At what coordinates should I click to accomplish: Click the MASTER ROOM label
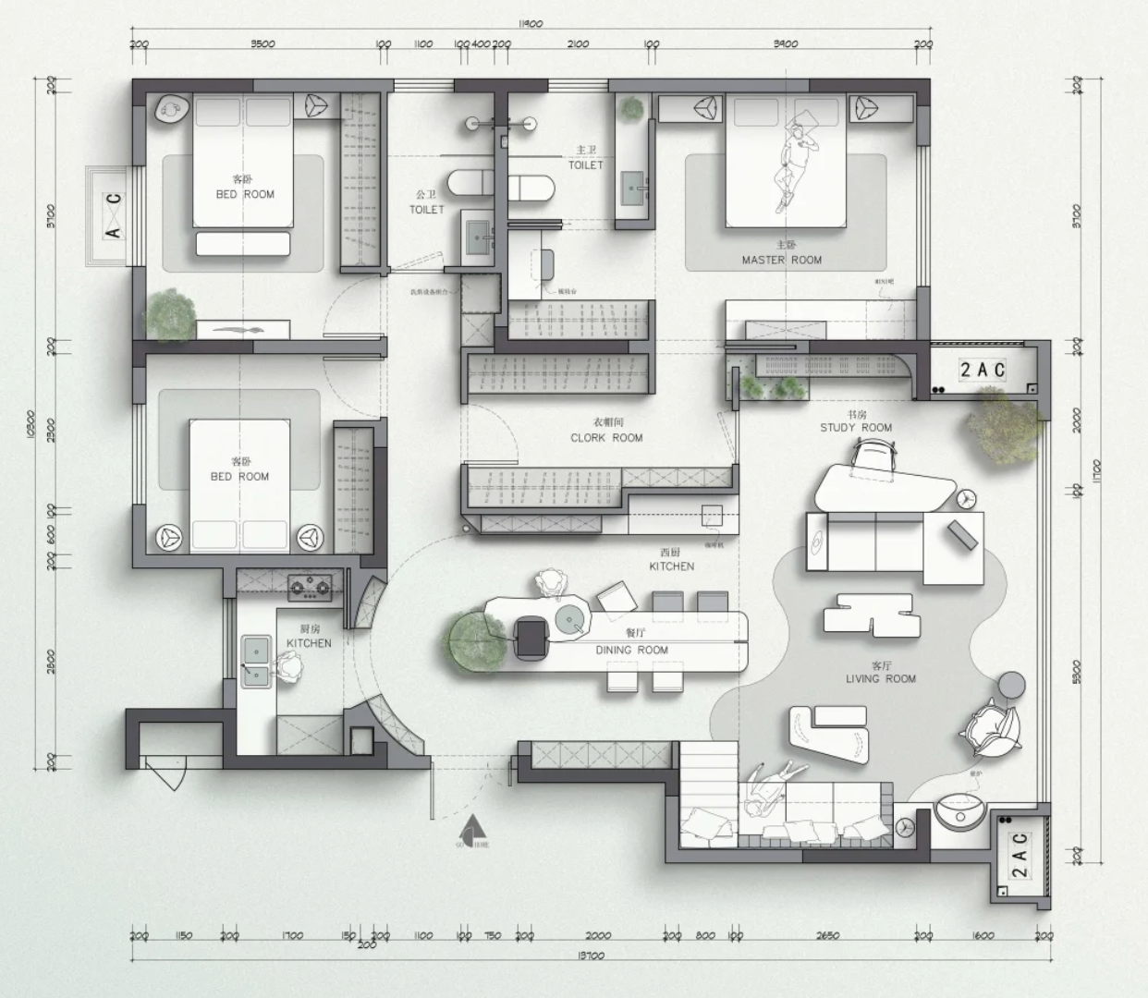click(781, 260)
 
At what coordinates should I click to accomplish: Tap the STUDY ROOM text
click(856, 427)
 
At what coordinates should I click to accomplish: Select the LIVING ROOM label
click(881, 678)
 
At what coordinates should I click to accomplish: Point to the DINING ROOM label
click(632, 650)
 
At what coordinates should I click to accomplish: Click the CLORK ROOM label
click(606, 438)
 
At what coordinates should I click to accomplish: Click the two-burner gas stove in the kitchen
click(310, 585)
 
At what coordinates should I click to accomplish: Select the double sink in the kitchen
click(256, 662)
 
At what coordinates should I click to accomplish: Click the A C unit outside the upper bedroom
click(113, 215)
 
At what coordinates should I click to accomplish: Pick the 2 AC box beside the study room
click(982, 370)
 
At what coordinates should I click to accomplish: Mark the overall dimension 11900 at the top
click(530, 25)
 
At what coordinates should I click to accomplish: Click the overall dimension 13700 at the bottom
click(589, 955)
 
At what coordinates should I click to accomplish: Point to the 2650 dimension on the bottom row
click(827, 935)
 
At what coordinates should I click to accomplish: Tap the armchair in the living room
click(991, 726)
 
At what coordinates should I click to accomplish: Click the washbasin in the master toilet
click(634, 190)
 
